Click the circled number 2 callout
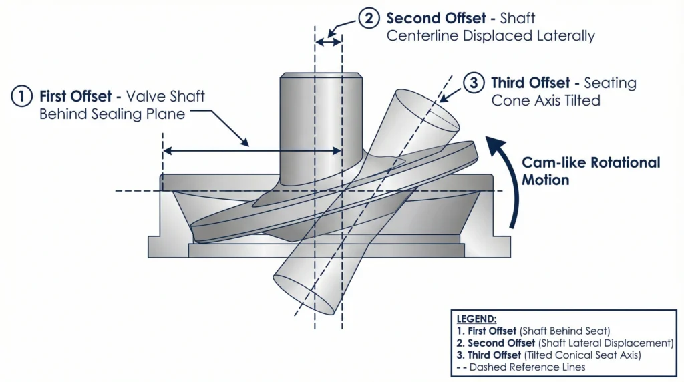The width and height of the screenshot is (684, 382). point(369,18)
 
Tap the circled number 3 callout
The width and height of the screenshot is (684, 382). point(474,83)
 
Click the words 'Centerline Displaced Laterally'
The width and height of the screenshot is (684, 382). point(490,36)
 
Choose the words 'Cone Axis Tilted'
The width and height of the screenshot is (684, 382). point(546,101)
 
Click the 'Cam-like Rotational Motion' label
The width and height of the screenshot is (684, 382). point(590,171)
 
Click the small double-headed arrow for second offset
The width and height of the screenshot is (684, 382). point(328,42)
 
